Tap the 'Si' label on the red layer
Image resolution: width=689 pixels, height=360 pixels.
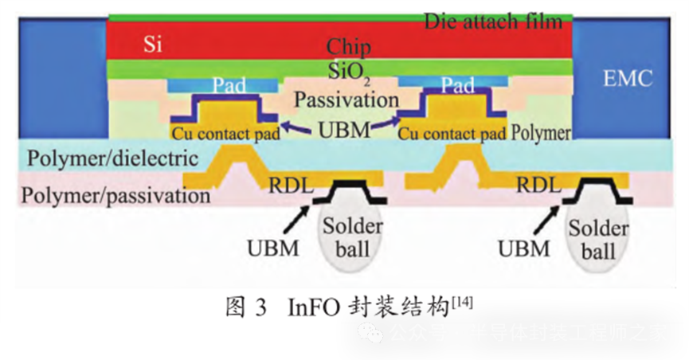point(153,43)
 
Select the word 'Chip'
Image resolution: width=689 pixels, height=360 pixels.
point(349,46)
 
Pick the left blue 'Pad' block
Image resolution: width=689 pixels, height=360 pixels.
point(222,84)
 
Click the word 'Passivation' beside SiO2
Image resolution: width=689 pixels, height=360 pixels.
point(346,100)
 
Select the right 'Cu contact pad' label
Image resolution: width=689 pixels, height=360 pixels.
point(452,133)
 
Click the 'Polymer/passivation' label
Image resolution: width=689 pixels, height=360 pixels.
point(116,194)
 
